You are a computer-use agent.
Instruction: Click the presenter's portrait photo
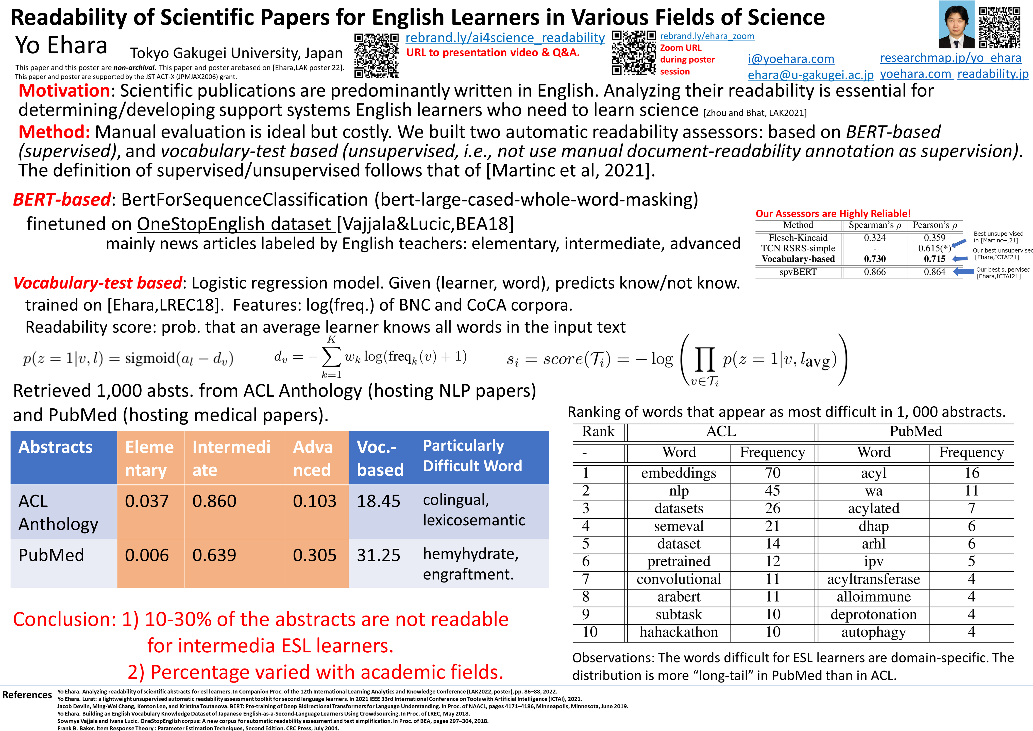[x=956, y=25]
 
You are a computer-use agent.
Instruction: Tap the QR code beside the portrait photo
[x=1000, y=27]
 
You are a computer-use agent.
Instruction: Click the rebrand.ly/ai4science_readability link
[x=505, y=38]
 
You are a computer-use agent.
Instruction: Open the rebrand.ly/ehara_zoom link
[x=707, y=36]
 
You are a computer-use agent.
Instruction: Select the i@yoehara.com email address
[x=790, y=59]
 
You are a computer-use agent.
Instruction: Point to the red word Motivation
[x=64, y=91]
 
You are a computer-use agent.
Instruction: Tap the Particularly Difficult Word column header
[x=472, y=456]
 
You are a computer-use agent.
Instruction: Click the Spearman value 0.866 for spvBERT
[x=874, y=272]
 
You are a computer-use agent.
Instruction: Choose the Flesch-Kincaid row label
[x=798, y=238]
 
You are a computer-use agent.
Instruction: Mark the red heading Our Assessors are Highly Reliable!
[x=833, y=213]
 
